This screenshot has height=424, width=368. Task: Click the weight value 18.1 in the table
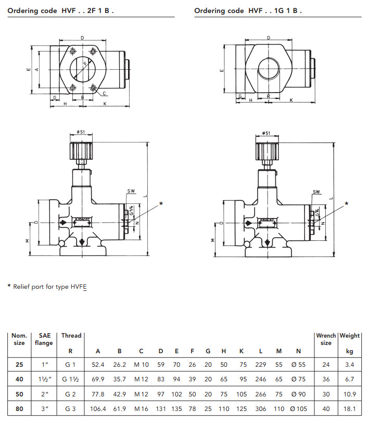pyautogui.click(x=349, y=409)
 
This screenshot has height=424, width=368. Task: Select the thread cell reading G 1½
pyautogui.click(x=71, y=379)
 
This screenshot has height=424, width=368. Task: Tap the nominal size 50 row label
pyautogui.click(x=19, y=394)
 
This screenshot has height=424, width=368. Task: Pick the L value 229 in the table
pyautogui.click(x=261, y=365)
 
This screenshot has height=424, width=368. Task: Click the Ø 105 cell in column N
pyautogui.click(x=299, y=409)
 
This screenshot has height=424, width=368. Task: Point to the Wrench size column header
pyautogui.click(x=326, y=339)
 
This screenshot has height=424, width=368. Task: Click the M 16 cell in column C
pyautogui.click(x=141, y=409)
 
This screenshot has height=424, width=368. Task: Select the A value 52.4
pyautogui.click(x=98, y=365)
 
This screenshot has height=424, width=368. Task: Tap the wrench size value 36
pyautogui.click(x=326, y=379)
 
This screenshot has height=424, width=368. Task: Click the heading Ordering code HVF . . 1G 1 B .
pyautogui.click(x=248, y=10)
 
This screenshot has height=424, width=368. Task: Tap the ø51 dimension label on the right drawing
pyautogui.click(x=265, y=133)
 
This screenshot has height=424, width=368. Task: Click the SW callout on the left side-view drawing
pyautogui.click(x=131, y=191)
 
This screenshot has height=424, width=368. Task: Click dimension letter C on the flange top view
pyautogui.click(x=104, y=94)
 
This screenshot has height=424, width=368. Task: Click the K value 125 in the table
pyautogui.click(x=242, y=409)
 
